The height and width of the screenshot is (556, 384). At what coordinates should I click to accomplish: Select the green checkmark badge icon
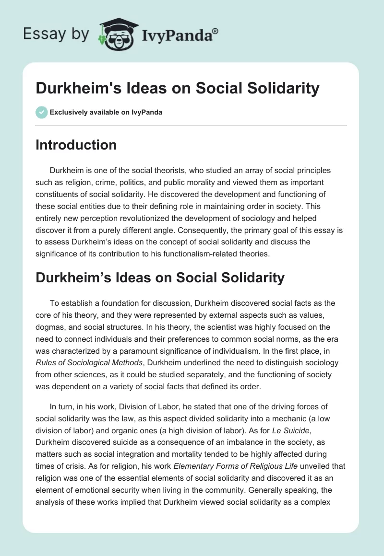[x=41, y=112]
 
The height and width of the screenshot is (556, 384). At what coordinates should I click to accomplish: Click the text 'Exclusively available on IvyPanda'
[x=105, y=112]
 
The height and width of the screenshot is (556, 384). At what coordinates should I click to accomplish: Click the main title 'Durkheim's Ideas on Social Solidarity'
[x=177, y=88]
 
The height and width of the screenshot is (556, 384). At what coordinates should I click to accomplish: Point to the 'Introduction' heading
[x=76, y=145]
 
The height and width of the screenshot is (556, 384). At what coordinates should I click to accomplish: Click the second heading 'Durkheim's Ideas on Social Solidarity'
[x=160, y=278]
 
